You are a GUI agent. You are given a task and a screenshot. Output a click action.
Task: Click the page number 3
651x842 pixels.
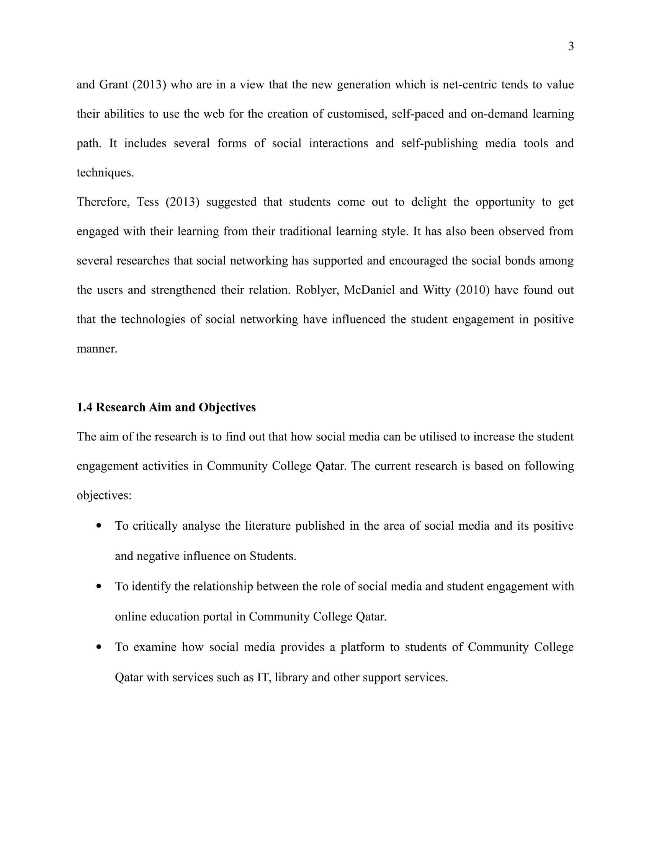coord(571,46)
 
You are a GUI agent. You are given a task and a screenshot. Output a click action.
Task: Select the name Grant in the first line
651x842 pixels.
coord(113,85)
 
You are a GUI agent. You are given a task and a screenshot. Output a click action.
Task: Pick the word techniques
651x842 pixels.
coord(105,173)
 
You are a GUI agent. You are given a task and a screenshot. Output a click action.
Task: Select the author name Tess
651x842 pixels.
coord(148,202)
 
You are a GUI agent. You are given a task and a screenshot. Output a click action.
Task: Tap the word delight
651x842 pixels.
coord(429,202)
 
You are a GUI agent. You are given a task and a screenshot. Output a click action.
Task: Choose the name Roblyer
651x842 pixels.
coord(317,290)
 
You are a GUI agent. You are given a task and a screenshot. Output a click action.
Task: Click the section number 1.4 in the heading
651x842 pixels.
coord(84,407)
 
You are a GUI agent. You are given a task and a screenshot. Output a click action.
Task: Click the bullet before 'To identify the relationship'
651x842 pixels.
coord(100,586)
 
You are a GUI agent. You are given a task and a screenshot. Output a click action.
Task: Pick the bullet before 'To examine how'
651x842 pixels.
coord(100,646)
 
